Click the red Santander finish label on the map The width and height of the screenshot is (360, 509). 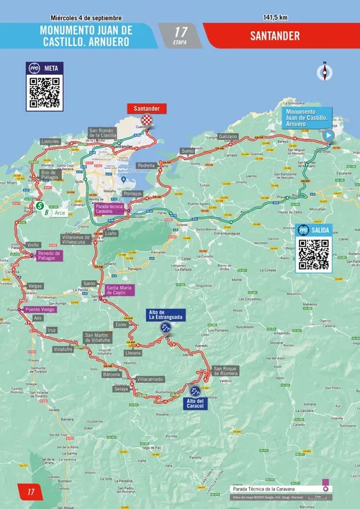point(147,108)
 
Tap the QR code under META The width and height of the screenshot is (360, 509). point(45,92)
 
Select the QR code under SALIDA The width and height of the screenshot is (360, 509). point(314,253)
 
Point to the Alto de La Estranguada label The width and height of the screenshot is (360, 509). point(166,314)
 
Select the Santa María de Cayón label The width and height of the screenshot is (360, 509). point(122,291)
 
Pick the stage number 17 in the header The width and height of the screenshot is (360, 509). point(181,32)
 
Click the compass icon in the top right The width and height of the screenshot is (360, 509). point(325,71)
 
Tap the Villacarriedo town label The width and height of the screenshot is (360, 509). point(151,378)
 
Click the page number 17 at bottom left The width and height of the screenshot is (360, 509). point(31,492)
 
